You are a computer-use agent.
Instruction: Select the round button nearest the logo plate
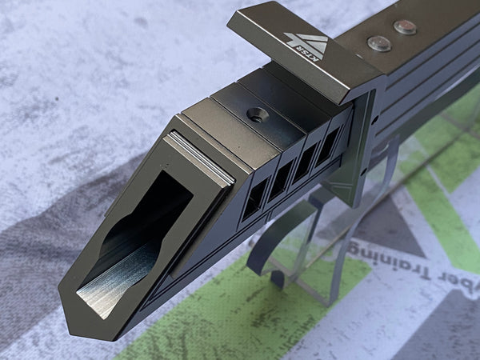[x=378, y=43]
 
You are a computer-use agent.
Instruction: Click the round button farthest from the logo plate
[x=405, y=27]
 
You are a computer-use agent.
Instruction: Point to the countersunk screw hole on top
[x=257, y=115]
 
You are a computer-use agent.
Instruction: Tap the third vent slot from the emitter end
[x=304, y=163]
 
